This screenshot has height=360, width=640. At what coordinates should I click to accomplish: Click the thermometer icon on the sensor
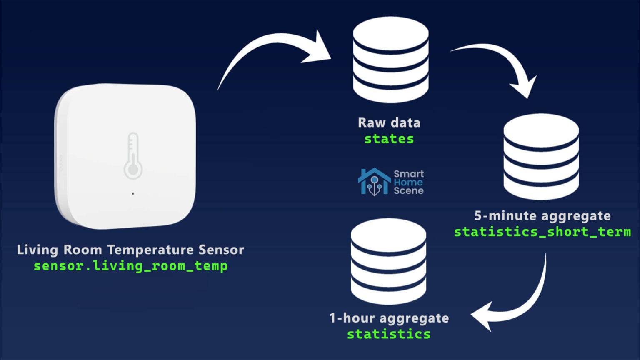click(133, 156)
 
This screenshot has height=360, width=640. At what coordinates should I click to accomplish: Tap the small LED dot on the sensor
click(133, 193)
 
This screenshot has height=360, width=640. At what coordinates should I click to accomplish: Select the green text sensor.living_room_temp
click(130, 266)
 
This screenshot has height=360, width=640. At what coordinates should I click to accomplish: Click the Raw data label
click(389, 123)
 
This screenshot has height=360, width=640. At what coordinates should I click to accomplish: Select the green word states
click(389, 139)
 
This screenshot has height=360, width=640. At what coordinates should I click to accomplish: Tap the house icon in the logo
click(374, 182)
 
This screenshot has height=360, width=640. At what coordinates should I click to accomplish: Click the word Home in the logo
click(408, 182)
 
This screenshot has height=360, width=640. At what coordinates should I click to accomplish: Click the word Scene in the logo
click(408, 191)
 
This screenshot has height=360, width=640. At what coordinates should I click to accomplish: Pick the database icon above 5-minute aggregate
click(541, 156)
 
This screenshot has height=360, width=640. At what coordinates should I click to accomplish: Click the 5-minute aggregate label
click(542, 216)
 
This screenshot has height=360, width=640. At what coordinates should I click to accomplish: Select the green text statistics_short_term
click(542, 232)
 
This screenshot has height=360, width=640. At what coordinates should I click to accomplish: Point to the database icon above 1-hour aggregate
click(388, 261)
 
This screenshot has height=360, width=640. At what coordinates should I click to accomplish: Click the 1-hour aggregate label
click(389, 318)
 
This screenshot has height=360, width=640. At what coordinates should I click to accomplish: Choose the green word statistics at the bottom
click(389, 334)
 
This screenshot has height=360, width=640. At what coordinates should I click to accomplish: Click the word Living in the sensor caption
click(37, 250)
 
